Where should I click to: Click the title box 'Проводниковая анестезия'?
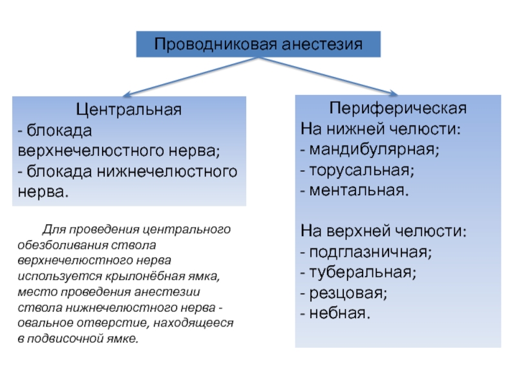(258, 44)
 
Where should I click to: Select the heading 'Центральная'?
(129, 109)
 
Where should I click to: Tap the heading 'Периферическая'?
(398, 108)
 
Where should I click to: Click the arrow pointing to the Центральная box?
(190, 77)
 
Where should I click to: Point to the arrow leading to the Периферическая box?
(328, 76)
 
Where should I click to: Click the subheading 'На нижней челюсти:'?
(381, 129)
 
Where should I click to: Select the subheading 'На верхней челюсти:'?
(383, 231)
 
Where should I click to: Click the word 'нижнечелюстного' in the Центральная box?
(167, 171)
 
